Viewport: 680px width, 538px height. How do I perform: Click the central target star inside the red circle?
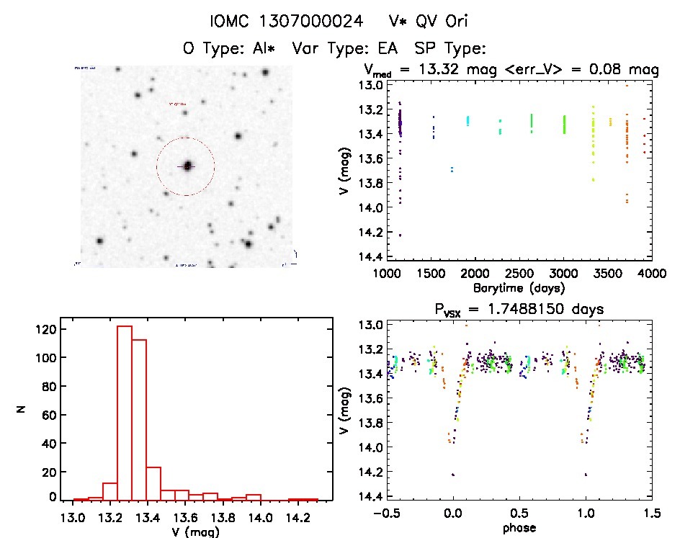[187, 166]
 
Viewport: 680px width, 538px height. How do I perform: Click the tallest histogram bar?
[125, 413]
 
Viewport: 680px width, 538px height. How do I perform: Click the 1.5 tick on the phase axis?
[651, 516]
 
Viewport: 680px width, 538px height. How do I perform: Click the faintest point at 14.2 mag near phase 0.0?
[452, 474]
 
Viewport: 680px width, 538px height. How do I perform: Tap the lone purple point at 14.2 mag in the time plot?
[400, 235]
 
